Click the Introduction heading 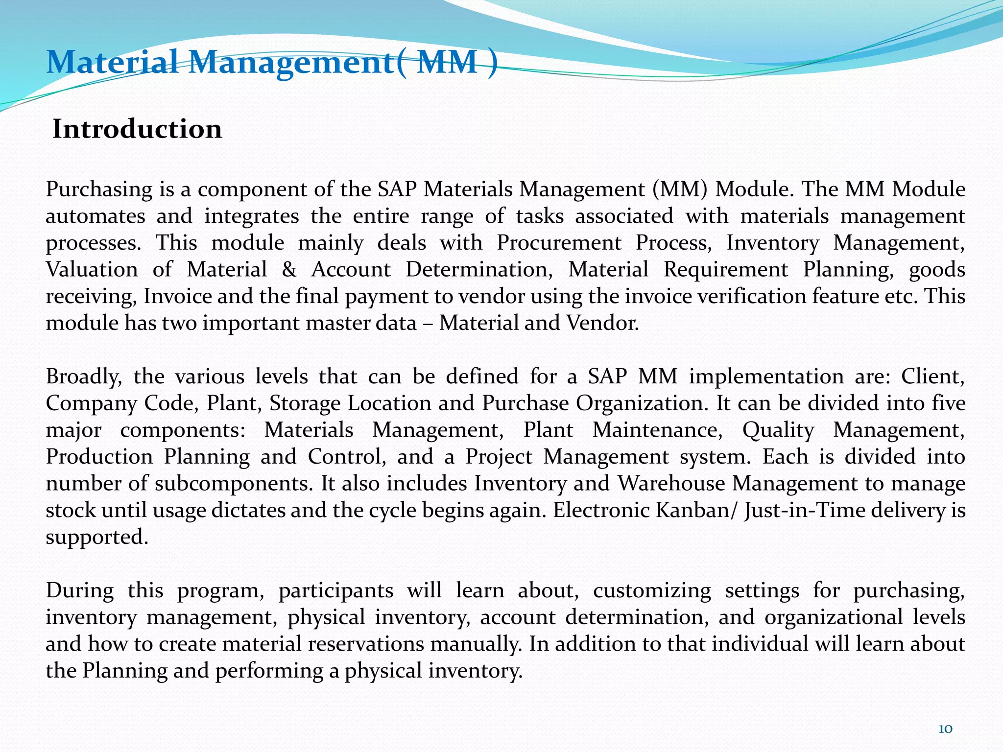[137, 129]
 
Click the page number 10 [945, 729]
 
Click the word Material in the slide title [113, 62]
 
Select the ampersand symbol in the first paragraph [289, 270]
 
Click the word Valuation [92, 270]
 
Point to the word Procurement [559, 243]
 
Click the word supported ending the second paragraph [96, 538]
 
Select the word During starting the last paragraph [79, 591]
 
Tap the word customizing [652, 591]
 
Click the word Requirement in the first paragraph [726, 270]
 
